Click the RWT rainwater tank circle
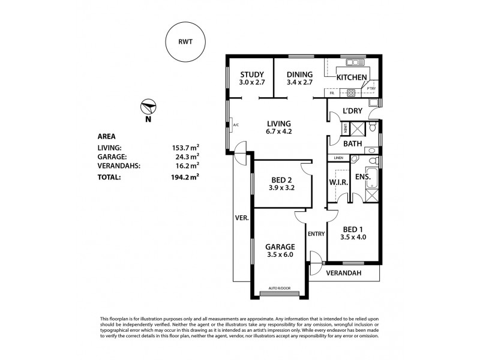[184, 43]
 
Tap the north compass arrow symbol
[148, 108]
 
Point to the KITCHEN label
[352, 77]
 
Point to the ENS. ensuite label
[364, 177]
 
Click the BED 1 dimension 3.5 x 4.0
[353, 238]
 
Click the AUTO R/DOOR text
[279, 288]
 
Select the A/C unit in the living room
[236, 125]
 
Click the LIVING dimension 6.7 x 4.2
[280, 132]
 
